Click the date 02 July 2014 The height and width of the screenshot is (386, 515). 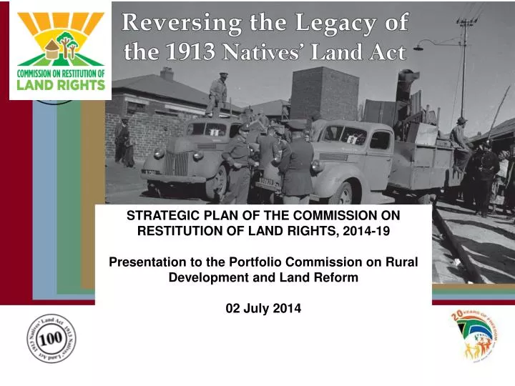(x=263, y=309)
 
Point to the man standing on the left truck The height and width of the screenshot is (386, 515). (x=217, y=95)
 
